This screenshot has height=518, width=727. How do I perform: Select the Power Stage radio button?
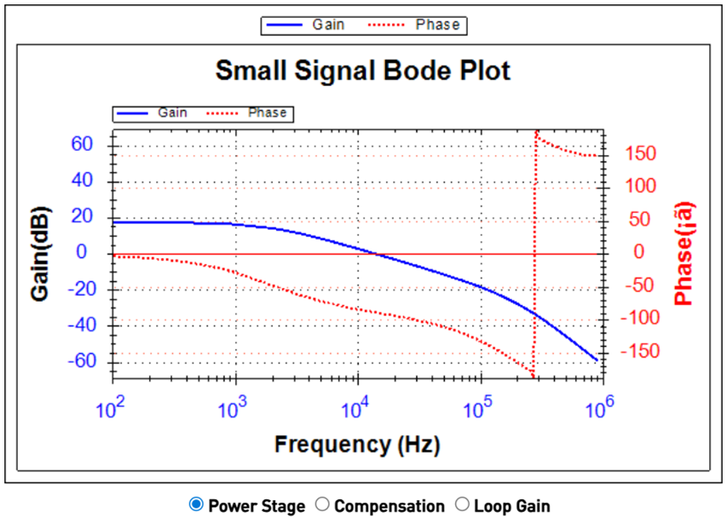(196, 505)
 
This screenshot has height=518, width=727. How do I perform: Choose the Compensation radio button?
(322, 505)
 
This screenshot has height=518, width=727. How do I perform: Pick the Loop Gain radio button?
(463, 505)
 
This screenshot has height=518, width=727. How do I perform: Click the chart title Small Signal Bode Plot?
(362, 70)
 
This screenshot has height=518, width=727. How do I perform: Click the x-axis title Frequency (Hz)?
(357, 444)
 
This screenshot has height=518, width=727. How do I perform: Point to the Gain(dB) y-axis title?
(39, 253)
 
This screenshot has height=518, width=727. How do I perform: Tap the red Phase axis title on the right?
(684, 253)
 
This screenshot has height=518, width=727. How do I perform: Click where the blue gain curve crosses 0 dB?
(378, 254)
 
